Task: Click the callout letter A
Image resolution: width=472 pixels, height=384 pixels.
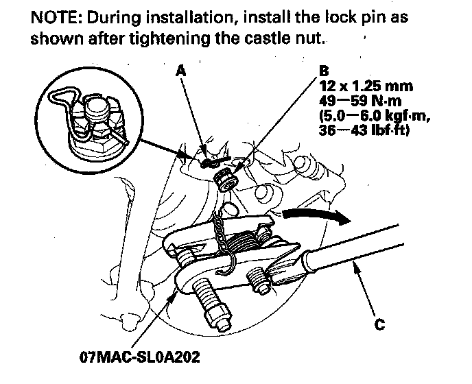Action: (180, 71)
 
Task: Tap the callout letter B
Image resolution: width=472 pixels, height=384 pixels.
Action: (324, 71)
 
